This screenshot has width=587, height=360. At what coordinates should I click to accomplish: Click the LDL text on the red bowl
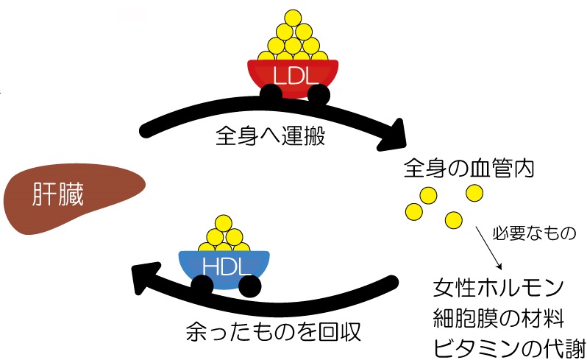[293, 76]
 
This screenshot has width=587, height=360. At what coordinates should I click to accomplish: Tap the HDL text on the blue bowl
[226, 265]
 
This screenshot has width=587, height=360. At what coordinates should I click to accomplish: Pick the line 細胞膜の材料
[498, 319]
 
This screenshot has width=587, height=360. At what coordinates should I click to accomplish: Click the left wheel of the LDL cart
[269, 93]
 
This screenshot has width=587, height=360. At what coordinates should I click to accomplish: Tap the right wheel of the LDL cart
[318, 93]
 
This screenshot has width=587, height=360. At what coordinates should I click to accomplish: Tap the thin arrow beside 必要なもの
[489, 248]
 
